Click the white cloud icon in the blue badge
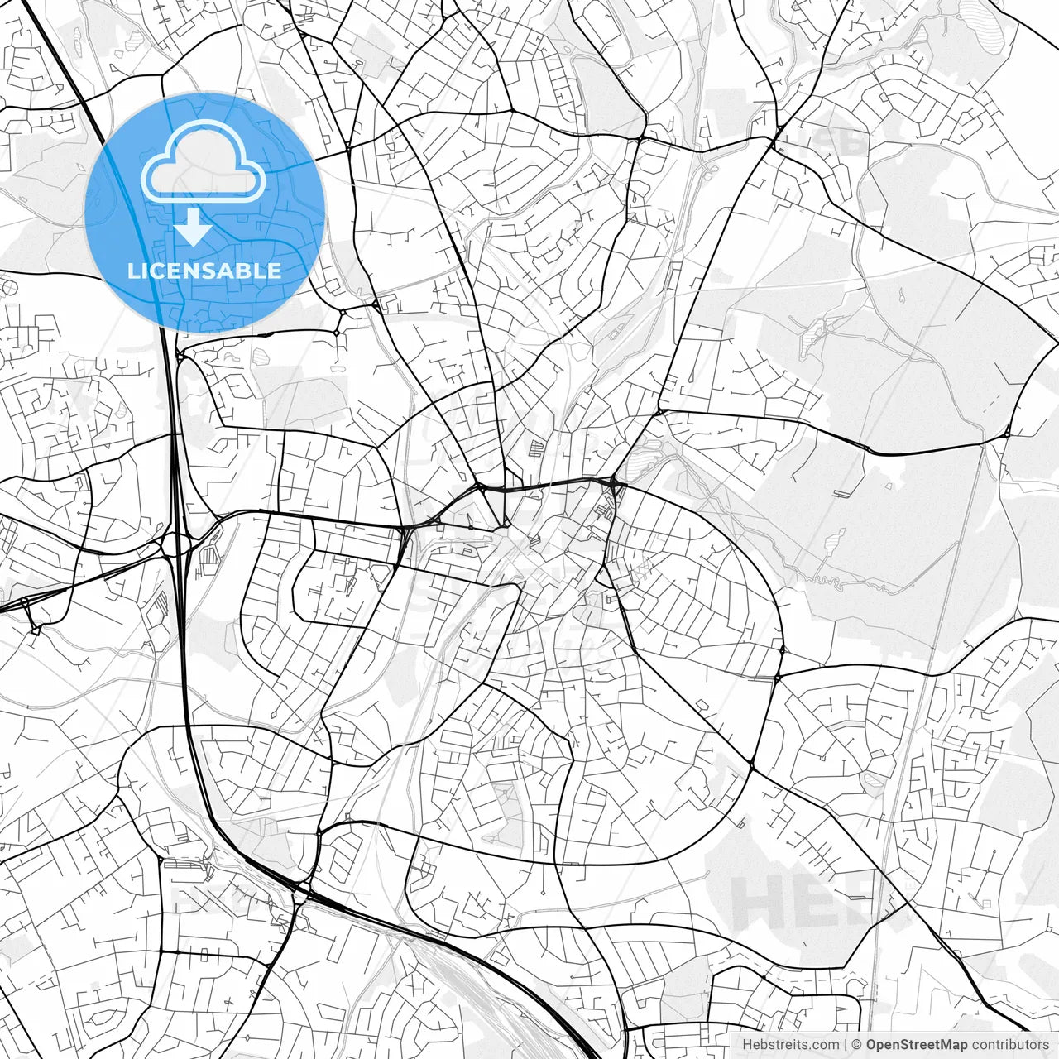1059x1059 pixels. (204, 163)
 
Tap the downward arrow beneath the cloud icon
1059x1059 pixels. (193, 227)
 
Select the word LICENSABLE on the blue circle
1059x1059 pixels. (204, 271)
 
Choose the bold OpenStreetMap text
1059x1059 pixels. (917, 1045)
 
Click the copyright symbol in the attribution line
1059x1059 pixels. (857, 1045)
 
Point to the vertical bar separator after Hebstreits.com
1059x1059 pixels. (845, 1045)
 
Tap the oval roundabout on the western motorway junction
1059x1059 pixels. (176, 544)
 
